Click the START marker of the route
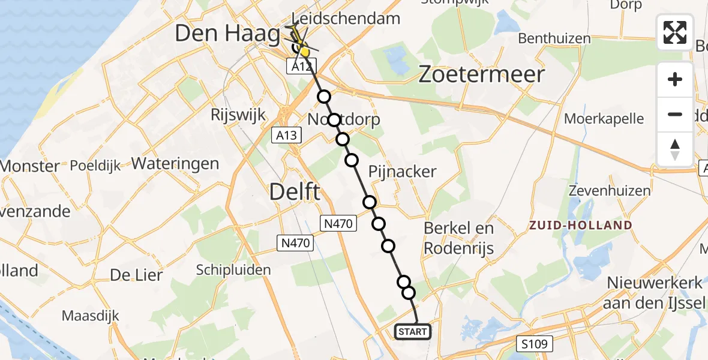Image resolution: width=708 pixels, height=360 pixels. [x=413, y=331]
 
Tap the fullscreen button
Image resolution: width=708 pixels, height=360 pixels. [x=675, y=32]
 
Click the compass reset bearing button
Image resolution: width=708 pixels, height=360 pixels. [x=675, y=149]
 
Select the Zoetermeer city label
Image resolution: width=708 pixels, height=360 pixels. [x=482, y=74]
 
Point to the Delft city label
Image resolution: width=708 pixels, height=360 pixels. [x=295, y=193]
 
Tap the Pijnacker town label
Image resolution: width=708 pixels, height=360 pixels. [x=403, y=172]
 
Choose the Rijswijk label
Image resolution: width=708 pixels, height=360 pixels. [x=238, y=115]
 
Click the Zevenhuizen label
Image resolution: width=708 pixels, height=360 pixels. [x=611, y=191]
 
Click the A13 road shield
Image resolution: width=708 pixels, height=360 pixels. [x=286, y=136]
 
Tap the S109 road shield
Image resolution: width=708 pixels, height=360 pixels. [x=535, y=344]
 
